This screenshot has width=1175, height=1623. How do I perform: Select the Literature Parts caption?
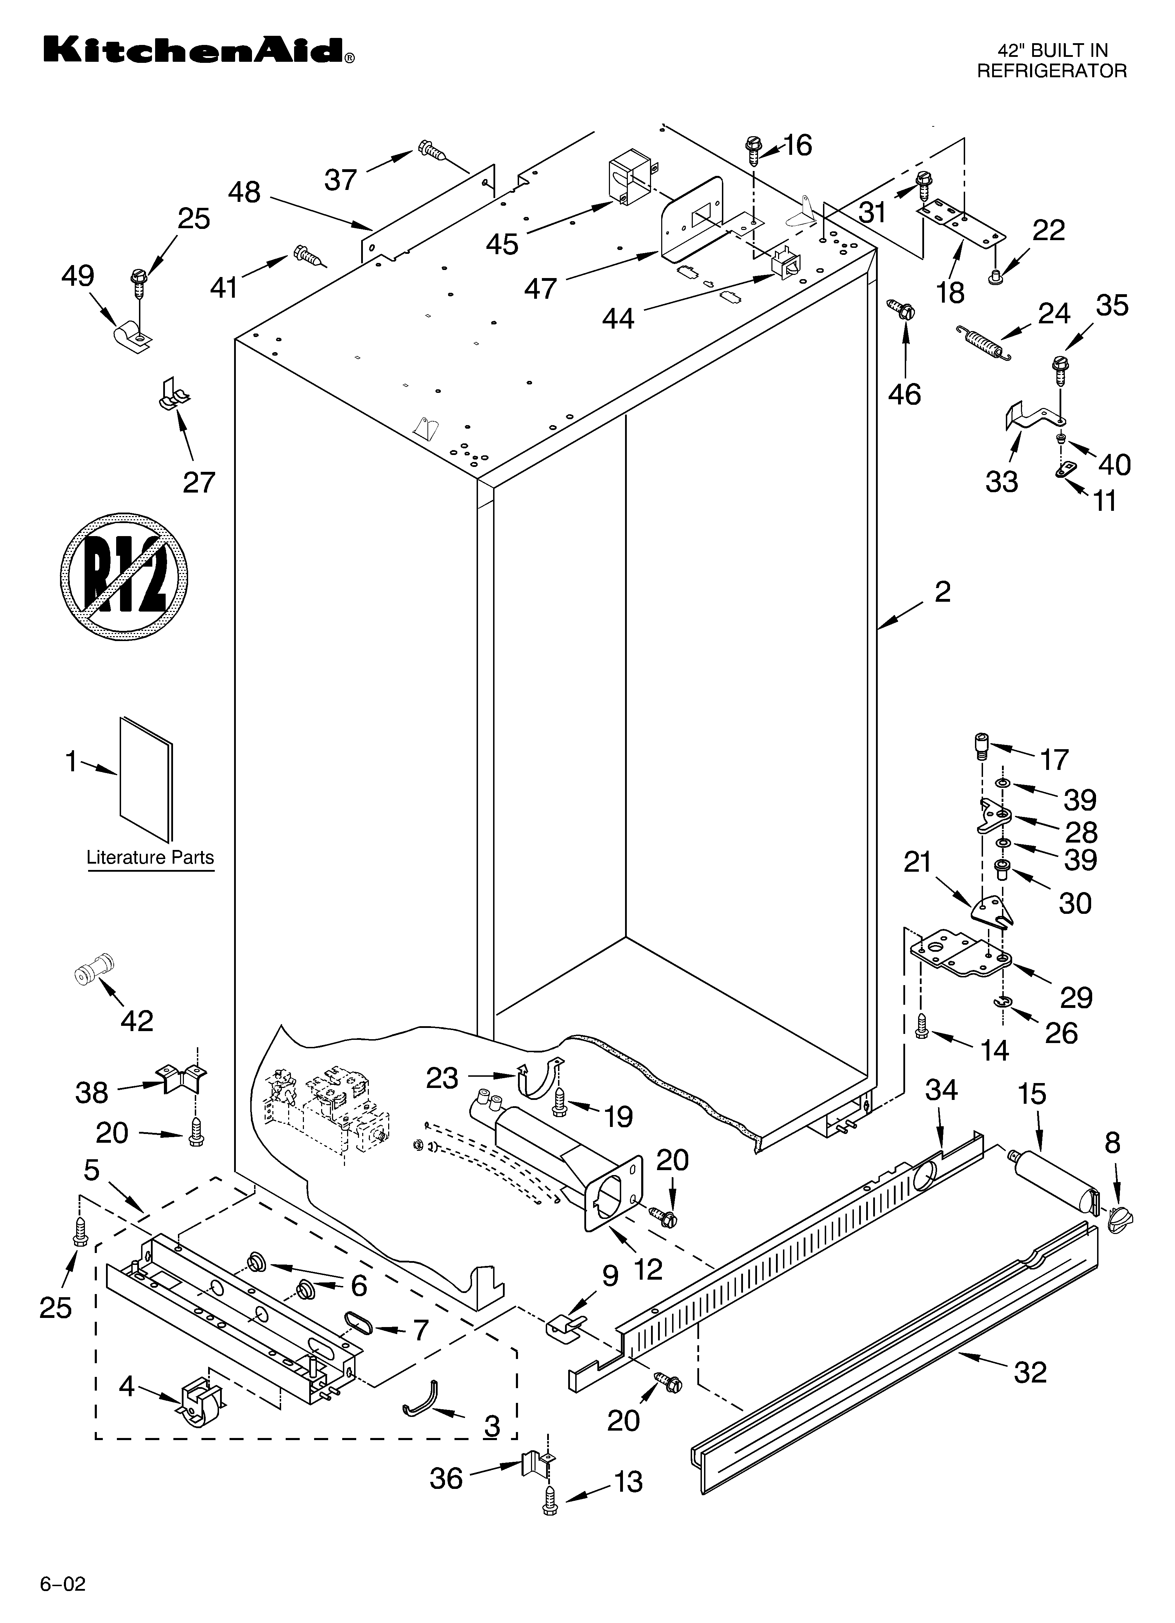pos(150,857)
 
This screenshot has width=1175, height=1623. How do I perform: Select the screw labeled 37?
pos(432,151)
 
